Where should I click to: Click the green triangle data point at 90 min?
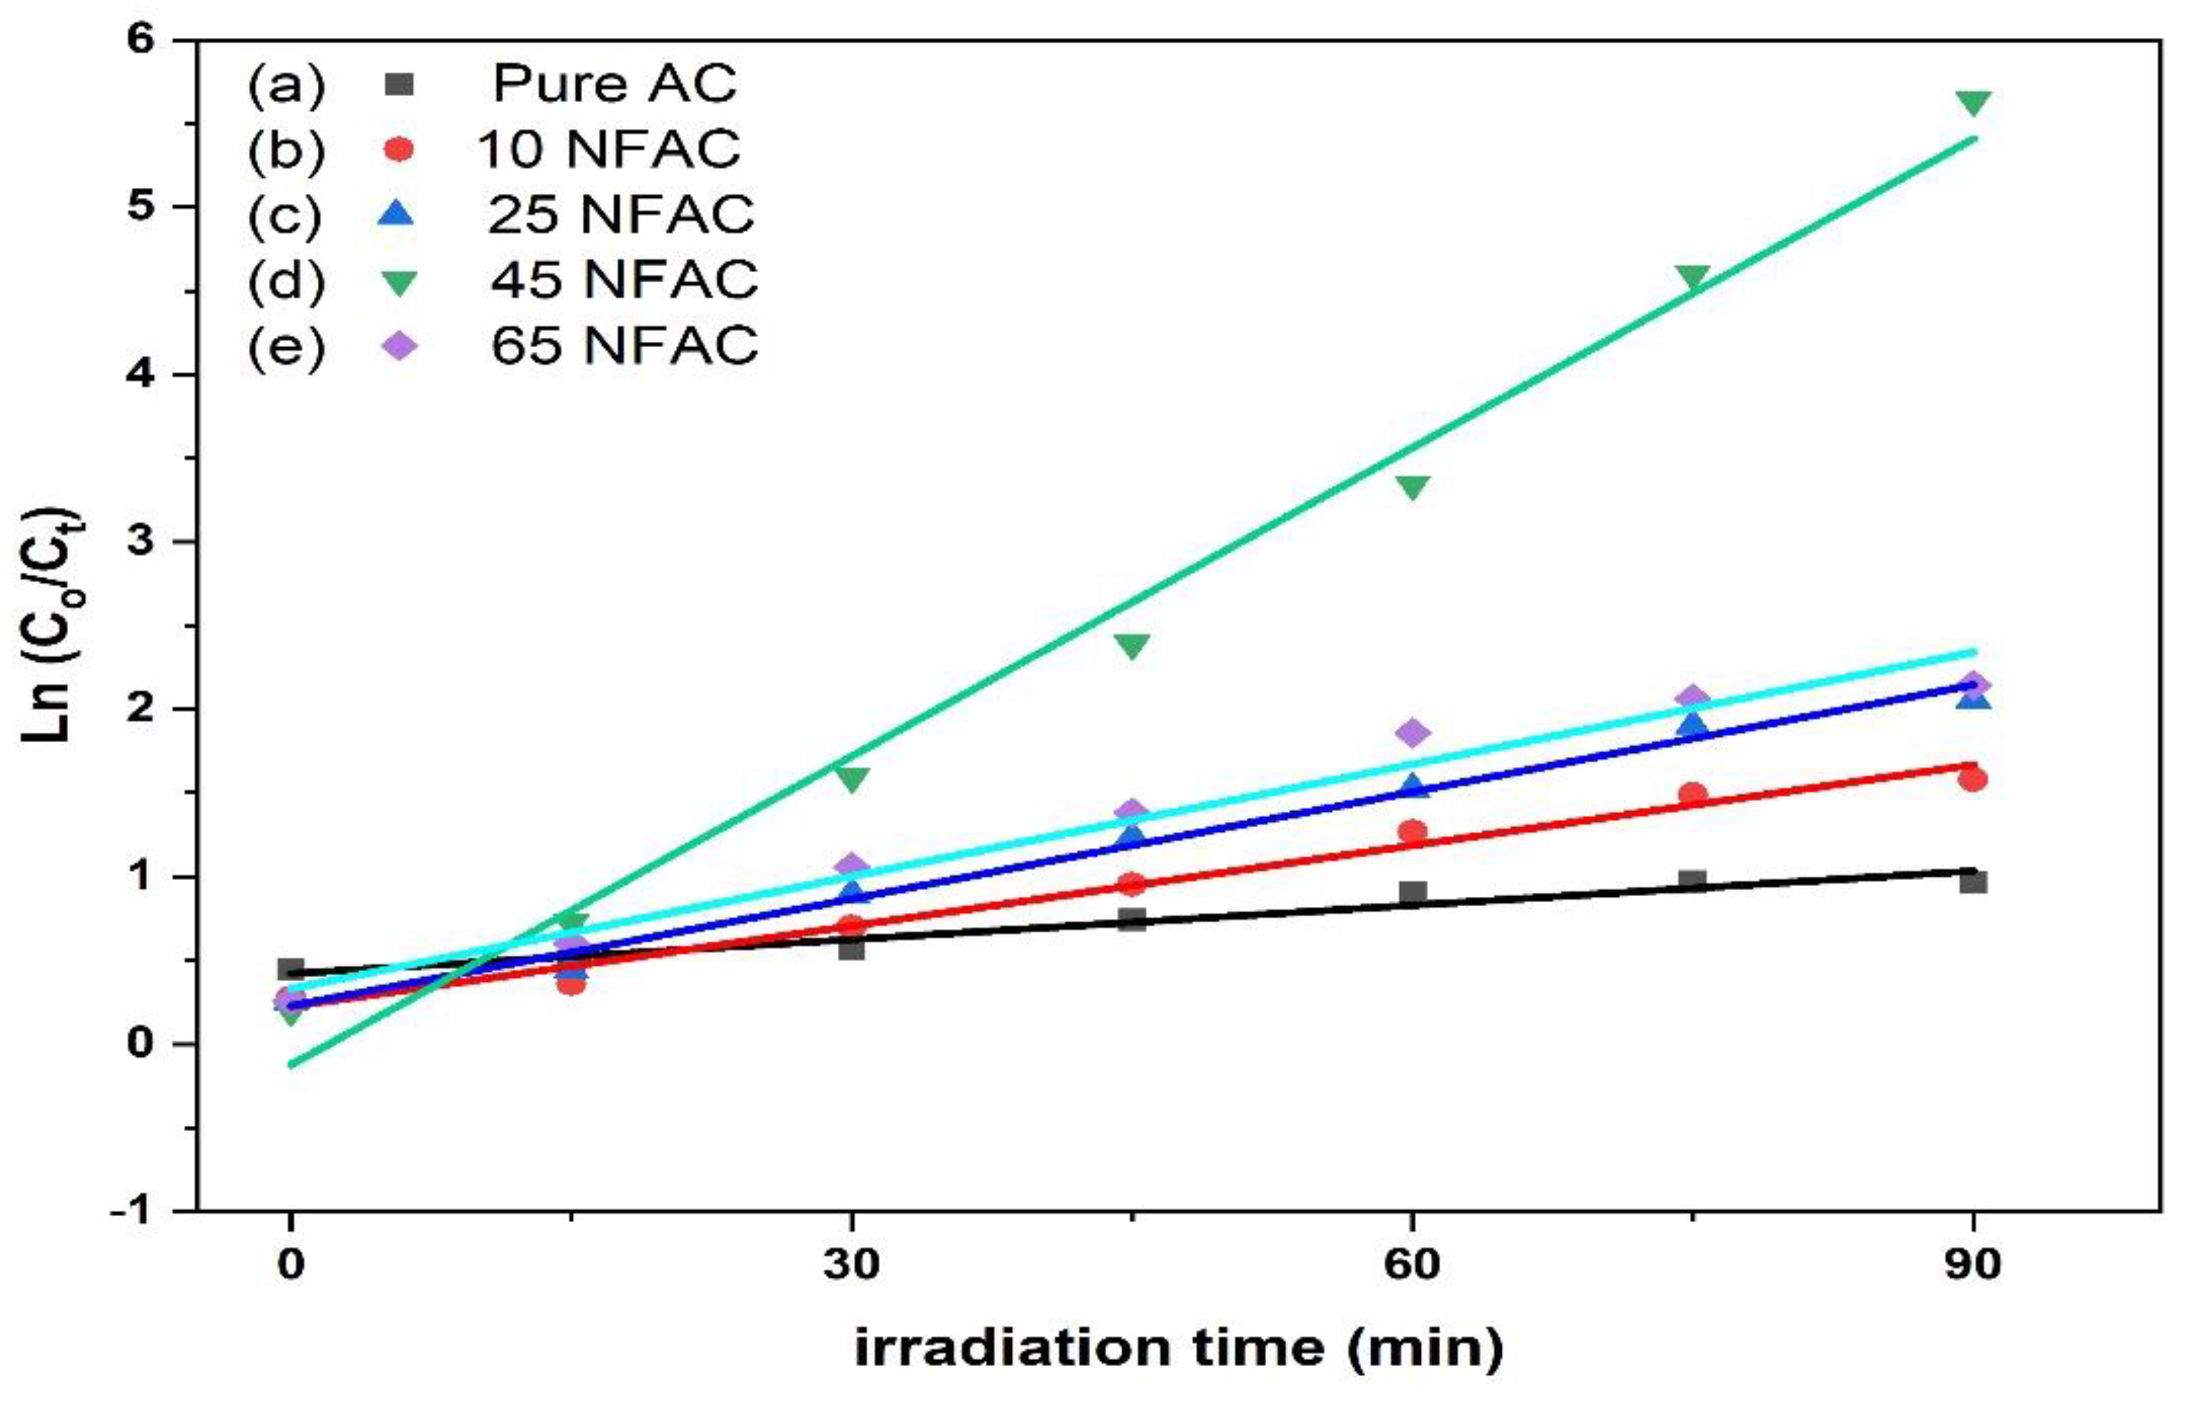click(1973, 103)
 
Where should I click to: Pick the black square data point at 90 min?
click(1973, 881)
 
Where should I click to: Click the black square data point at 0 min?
click(291, 970)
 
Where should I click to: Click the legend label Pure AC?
click(614, 83)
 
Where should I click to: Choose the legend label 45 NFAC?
click(624, 279)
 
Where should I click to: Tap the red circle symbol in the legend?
click(398, 149)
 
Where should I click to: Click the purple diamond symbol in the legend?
click(398, 346)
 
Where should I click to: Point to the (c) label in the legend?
click(284, 214)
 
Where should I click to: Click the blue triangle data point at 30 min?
click(852, 891)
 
